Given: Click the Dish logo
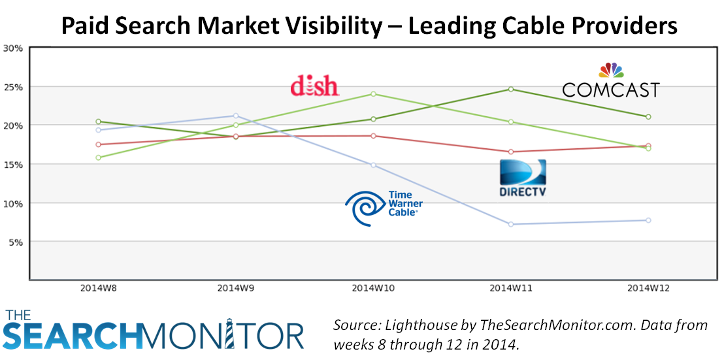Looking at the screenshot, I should pyautogui.click(x=314, y=86).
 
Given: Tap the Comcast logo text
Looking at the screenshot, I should pyautogui.click(x=611, y=90).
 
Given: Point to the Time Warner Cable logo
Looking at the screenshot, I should pyautogui.click(x=384, y=207).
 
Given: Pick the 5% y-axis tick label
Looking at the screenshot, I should pyautogui.click(x=15, y=242).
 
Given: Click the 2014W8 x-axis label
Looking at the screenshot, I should pyautogui.click(x=99, y=287).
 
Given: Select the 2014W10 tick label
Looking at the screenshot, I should pyautogui.click(x=373, y=287).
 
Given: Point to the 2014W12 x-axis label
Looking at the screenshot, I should pyautogui.click(x=648, y=287).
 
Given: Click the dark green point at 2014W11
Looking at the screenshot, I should pyautogui.click(x=511, y=89).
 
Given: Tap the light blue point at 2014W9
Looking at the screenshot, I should pyautogui.click(x=236, y=116).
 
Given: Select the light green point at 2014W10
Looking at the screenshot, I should pyautogui.click(x=373, y=93).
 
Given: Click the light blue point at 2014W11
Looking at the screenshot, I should pyautogui.click(x=511, y=224).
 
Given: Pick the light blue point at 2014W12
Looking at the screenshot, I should pyautogui.click(x=648, y=220).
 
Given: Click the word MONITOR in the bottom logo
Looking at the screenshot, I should pyautogui.click(x=225, y=335).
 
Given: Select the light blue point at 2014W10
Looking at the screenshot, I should pyautogui.click(x=373, y=165).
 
